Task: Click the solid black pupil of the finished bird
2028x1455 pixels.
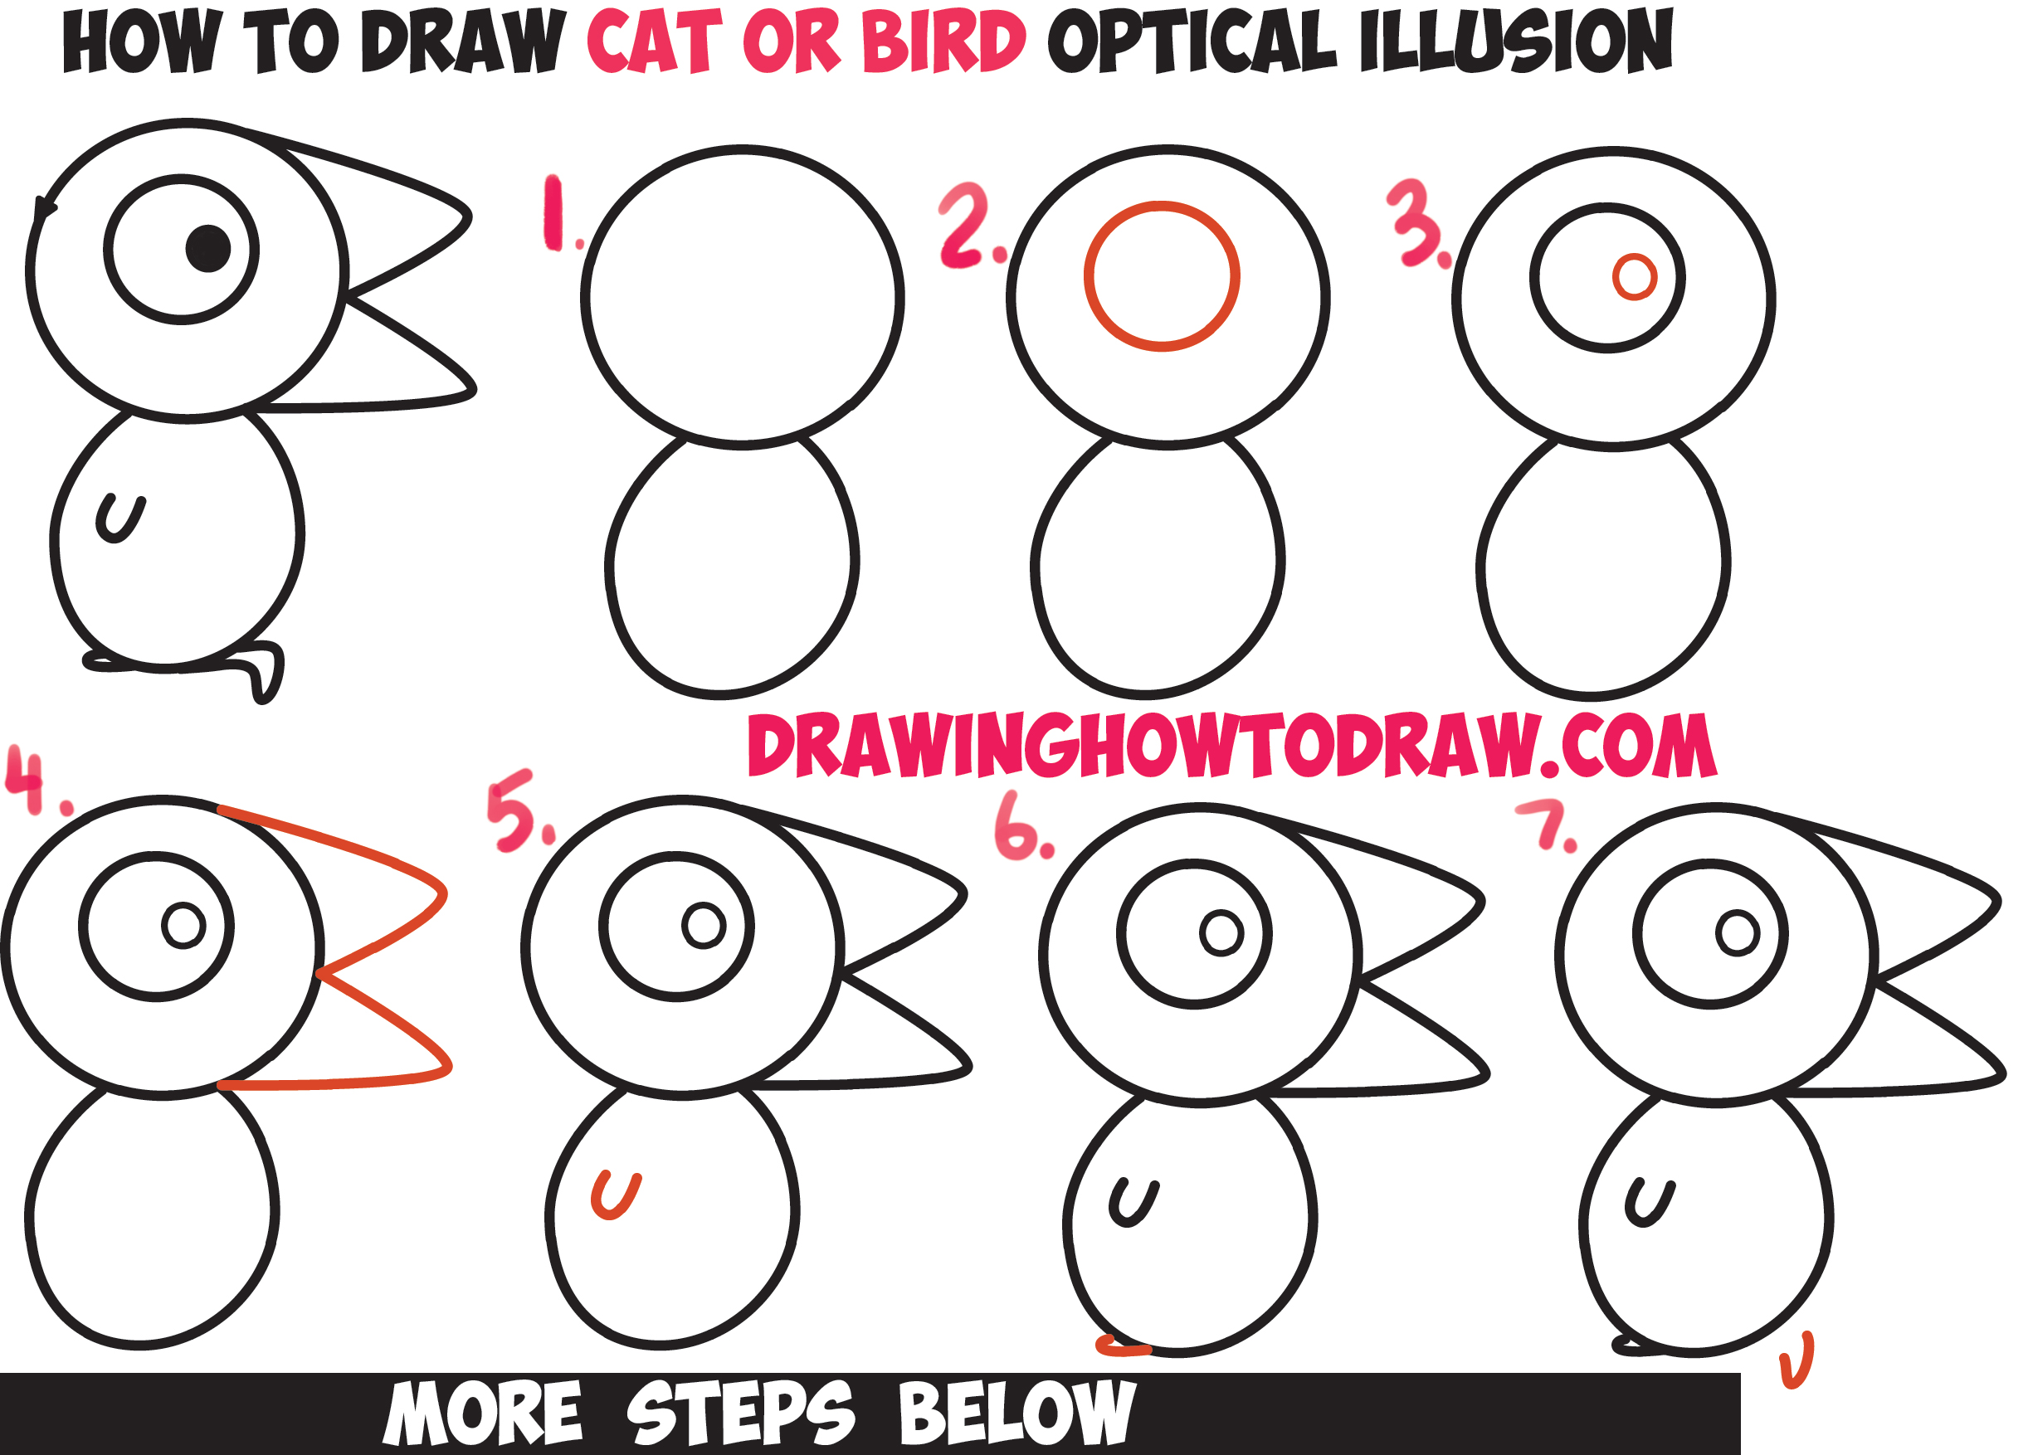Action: click(x=208, y=249)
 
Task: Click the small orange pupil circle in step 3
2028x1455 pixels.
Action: click(x=1635, y=277)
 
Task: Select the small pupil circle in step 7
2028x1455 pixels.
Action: click(x=1738, y=934)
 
